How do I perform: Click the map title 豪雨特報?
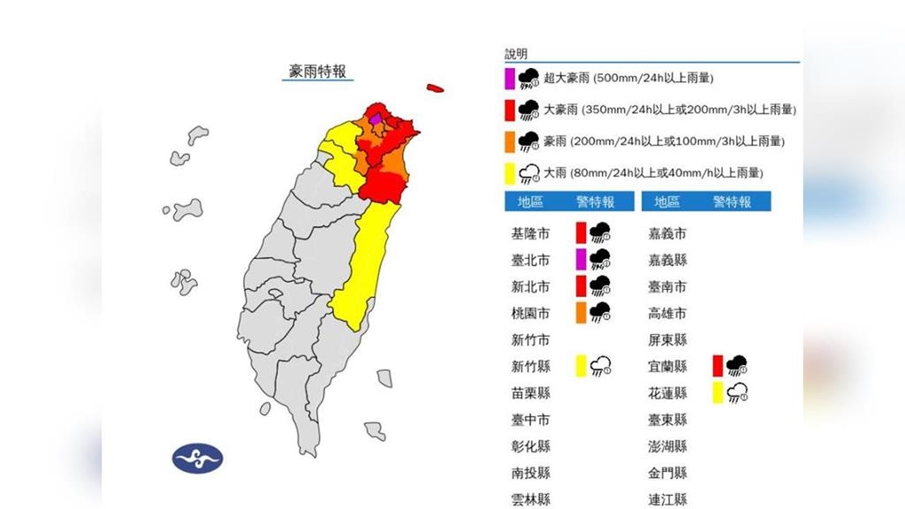[318, 71]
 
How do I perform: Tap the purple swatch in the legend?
[510, 78]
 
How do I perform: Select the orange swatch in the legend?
[510, 141]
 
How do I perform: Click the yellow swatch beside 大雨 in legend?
[510, 172]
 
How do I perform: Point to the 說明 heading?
[515, 55]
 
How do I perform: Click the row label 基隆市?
[530, 234]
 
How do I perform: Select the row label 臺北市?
[530, 261]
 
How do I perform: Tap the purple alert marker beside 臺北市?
[581, 260]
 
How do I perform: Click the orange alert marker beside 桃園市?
[581, 313]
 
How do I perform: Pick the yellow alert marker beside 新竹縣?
[581, 366]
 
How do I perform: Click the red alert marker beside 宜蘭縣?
[719, 366]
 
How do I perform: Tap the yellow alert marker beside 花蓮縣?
[719, 392]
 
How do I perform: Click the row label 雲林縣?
[530, 499]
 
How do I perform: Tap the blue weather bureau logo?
[198, 458]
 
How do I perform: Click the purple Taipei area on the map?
[376, 118]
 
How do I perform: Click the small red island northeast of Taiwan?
[434, 88]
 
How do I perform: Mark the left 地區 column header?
[530, 202]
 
